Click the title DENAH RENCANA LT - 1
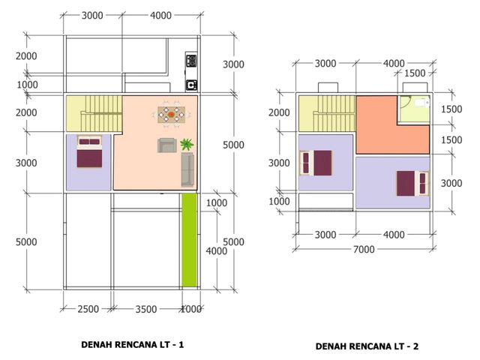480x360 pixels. [133, 345]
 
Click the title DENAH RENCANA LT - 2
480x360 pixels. [367, 346]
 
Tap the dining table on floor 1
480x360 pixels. [172, 115]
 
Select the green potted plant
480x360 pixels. [187, 144]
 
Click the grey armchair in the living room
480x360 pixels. [166, 145]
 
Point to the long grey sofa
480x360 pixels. [187, 169]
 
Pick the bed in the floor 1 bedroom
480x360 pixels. [89, 151]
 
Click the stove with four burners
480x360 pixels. [191, 61]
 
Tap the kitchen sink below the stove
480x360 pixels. [192, 85]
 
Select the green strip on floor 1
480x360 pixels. [190, 240]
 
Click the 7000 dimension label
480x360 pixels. [364, 249]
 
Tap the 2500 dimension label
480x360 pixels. [88, 309]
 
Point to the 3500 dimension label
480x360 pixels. [146, 309]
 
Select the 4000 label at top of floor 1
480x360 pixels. [160, 15]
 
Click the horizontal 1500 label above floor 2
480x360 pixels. [415, 73]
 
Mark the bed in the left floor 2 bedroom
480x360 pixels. [316, 163]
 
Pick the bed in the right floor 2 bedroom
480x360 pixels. [413, 183]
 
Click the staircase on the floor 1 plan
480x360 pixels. [94, 113]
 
